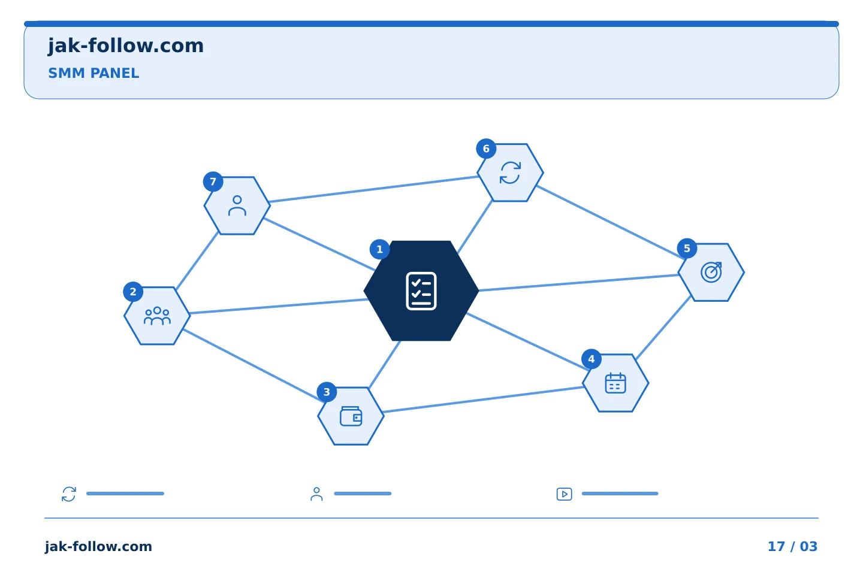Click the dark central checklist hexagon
421,290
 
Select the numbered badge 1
379,249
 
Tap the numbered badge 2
133,292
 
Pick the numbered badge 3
327,392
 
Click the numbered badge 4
592,359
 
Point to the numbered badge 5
687,249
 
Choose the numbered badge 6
486,149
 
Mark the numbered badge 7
213,181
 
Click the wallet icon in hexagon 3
351,416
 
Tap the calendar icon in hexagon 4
615,383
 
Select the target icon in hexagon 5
711,273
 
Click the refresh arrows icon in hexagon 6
511,172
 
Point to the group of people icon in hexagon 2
157,316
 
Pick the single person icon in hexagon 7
237,205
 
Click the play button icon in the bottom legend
565,494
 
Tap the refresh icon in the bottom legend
69,494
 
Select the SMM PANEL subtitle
93,73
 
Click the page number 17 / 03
792,546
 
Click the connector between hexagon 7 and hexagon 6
374,189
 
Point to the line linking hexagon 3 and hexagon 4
484,400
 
